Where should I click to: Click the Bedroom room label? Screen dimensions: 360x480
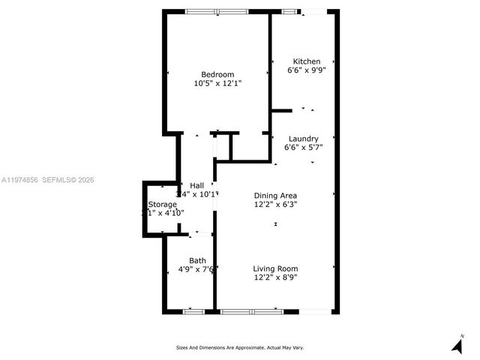pyautogui.click(x=217, y=74)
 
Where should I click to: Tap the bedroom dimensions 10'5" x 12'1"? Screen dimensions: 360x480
pyautogui.click(x=217, y=83)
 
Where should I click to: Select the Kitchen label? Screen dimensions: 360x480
pyautogui.click(x=306, y=61)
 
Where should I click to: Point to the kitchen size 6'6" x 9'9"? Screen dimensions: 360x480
pyautogui.click(x=306, y=70)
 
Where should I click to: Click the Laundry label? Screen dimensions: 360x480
pyautogui.click(x=303, y=139)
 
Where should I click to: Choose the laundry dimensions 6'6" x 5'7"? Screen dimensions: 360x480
pyautogui.click(x=303, y=148)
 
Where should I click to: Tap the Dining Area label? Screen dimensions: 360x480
pyautogui.click(x=276, y=195)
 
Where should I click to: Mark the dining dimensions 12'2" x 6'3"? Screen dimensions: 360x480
pyautogui.click(x=276, y=204)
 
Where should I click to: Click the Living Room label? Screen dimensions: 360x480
pyautogui.click(x=275, y=268)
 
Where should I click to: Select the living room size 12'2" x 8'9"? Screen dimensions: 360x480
pyautogui.click(x=275, y=277)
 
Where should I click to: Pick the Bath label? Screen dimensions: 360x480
pyautogui.click(x=197, y=261)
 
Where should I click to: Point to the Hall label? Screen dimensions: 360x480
pyautogui.click(x=196, y=185)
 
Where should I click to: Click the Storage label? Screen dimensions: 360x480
pyautogui.click(x=163, y=204)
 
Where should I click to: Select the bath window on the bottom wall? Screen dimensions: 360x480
pyautogui.click(x=194, y=310)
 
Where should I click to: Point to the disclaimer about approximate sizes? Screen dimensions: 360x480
pyautogui.click(x=239, y=347)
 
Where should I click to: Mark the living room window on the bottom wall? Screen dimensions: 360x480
pyautogui.click(x=251, y=310)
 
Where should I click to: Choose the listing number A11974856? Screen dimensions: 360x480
pyautogui.click(x=19, y=180)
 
